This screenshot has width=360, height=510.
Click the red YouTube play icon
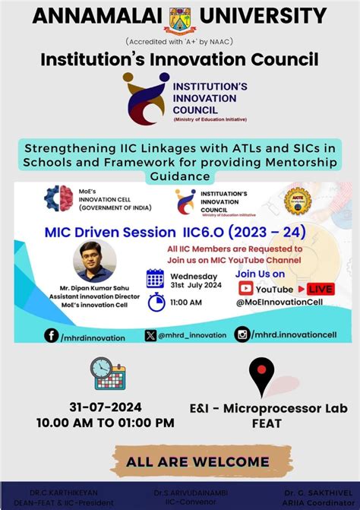click(246, 288)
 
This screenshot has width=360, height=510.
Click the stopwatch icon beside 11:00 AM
click(156, 301)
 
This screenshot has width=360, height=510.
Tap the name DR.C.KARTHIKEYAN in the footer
click(60, 493)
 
